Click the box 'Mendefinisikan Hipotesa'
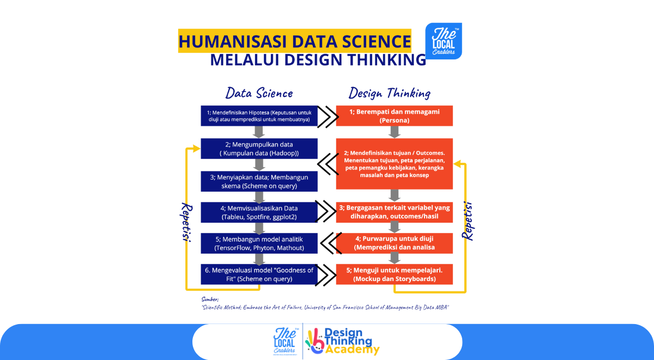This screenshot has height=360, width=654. click(x=259, y=116)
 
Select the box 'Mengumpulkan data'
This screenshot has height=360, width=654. click(x=259, y=149)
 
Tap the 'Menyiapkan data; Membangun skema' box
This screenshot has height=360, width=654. click(x=259, y=181)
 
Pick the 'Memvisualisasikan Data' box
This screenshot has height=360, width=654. click(x=259, y=212)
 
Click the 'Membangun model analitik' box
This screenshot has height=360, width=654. click(x=259, y=243)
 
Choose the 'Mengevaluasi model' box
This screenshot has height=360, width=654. click(x=259, y=274)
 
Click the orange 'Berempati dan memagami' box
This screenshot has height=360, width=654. click(x=395, y=116)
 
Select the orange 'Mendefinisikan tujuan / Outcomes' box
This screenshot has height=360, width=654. click(x=395, y=164)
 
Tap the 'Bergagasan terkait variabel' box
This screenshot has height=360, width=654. click(x=395, y=212)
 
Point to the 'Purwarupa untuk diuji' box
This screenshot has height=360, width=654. click(x=395, y=243)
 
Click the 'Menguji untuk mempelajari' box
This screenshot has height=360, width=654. click(x=395, y=274)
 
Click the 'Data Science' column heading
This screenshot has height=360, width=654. click(x=259, y=93)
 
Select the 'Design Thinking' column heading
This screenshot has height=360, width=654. click(x=390, y=93)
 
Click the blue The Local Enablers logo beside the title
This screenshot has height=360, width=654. click(x=444, y=41)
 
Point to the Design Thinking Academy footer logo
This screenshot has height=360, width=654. click(x=342, y=341)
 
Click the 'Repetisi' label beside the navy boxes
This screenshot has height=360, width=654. click(x=186, y=222)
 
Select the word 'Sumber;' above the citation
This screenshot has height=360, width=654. click(x=210, y=300)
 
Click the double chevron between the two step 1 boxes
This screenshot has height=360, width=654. click(x=328, y=117)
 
